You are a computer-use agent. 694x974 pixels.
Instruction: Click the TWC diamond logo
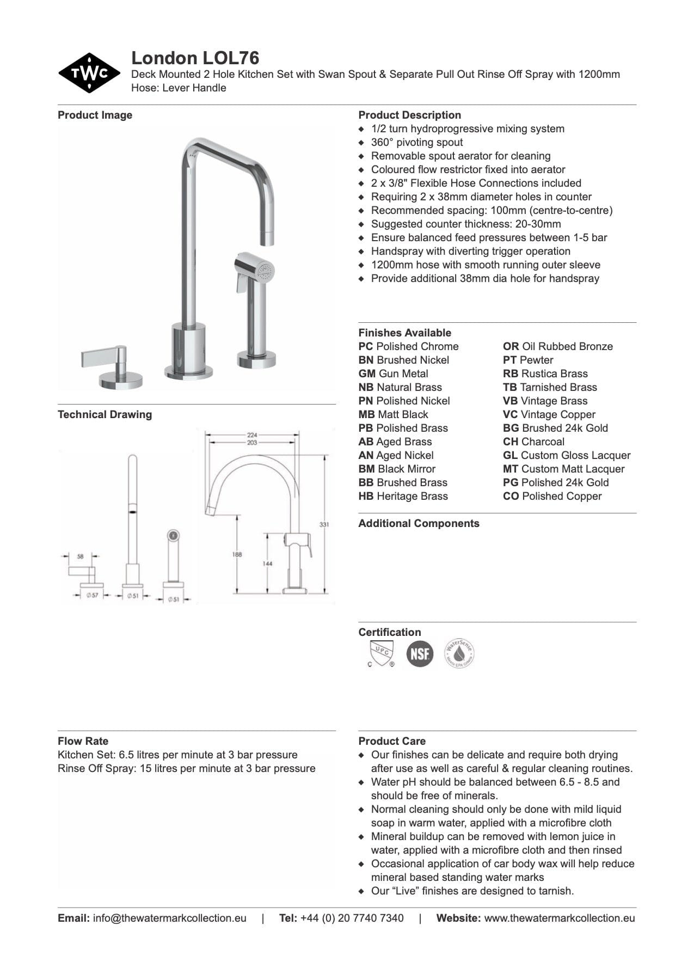coord(89,73)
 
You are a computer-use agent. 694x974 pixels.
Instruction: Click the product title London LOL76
coord(195,58)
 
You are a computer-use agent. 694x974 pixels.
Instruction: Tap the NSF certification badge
coord(420,653)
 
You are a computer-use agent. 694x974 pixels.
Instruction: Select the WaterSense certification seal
coord(459,653)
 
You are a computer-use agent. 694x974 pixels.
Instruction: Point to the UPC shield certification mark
coord(380,653)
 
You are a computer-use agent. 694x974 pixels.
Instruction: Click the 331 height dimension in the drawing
coord(324,524)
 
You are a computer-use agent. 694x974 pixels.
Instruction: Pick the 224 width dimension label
coord(252,435)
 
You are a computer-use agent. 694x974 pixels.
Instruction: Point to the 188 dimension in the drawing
coord(237,554)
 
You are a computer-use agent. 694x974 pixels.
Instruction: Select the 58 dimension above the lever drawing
coord(81,556)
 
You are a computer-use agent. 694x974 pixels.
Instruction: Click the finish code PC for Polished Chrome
coord(365,346)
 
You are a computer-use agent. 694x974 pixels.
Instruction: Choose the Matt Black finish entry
coord(393,414)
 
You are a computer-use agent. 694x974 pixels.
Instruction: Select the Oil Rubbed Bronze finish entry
coord(557,346)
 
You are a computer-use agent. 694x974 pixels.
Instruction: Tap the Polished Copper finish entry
coord(552,496)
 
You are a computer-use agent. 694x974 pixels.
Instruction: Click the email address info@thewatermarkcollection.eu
coord(169,918)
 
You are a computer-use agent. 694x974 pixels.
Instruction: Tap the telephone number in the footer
coord(352,918)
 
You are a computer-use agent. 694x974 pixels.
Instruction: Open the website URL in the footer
coord(559,918)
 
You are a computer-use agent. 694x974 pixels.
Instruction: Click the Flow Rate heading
coord(83,741)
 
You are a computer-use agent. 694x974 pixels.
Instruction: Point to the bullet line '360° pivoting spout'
coord(416,142)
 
